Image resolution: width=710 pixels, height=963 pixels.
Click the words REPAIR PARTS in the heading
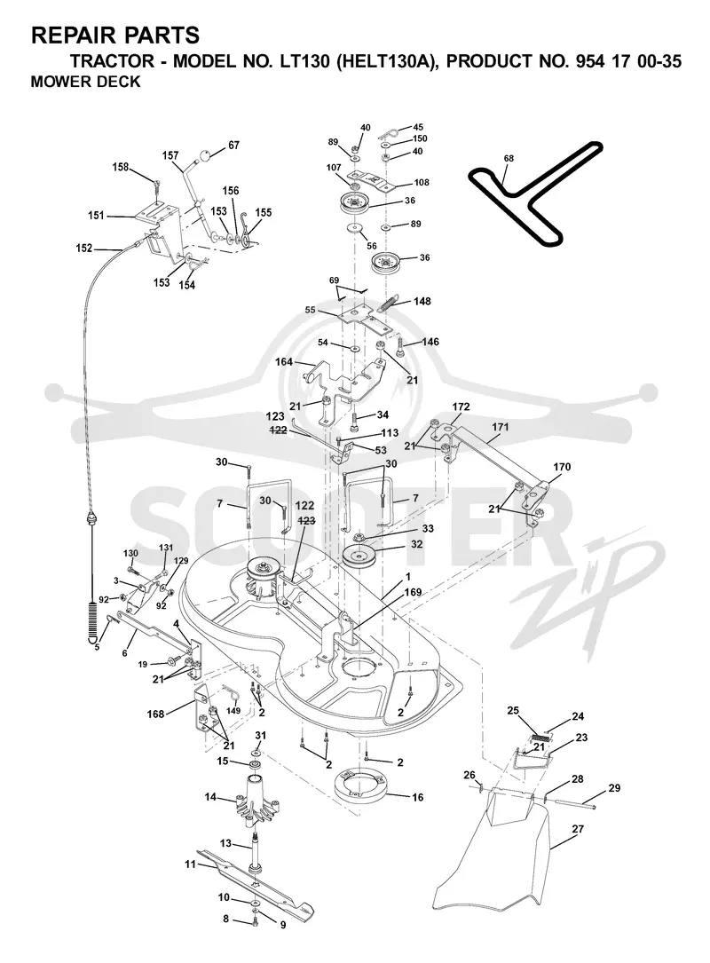(115, 36)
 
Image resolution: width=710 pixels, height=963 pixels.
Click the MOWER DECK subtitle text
(85, 82)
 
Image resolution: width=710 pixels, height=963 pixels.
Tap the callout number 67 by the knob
(233, 146)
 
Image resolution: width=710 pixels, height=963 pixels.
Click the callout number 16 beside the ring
(417, 797)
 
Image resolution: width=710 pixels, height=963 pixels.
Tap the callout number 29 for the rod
(614, 788)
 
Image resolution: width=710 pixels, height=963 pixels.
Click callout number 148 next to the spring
(422, 301)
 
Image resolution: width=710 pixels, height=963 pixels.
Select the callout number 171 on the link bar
(500, 426)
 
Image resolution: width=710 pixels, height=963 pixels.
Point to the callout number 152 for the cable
(84, 249)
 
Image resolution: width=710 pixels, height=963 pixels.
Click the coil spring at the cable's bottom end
(92, 621)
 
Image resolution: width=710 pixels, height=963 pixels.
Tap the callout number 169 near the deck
(413, 592)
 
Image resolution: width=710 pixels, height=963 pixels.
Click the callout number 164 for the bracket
(284, 362)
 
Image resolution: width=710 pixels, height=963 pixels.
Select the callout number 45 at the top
(418, 128)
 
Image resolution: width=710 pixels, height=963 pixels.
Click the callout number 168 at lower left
(155, 714)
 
